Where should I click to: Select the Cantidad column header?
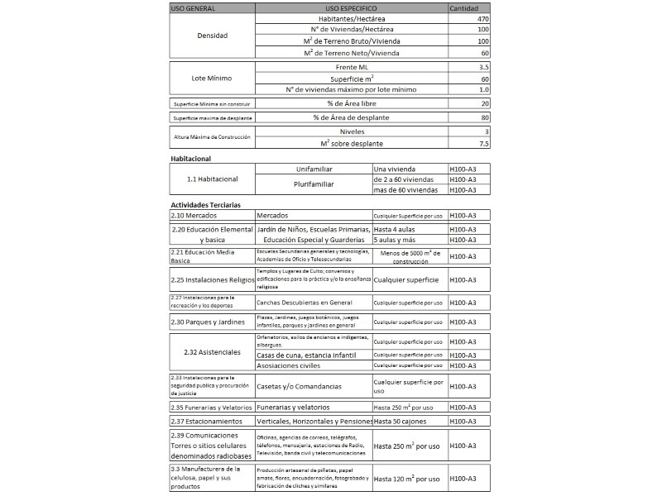pyautogui.click(x=463, y=7)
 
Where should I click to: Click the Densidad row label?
pyautogui.click(x=213, y=36)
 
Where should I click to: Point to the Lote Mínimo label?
pyautogui.click(x=213, y=78)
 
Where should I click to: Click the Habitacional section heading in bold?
pyautogui.click(x=191, y=158)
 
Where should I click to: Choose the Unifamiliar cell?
pyautogui.click(x=314, y=169)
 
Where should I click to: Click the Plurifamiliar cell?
pyautogui.click(x=314, y=184)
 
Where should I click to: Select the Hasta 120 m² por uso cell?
pyautogui.click(x=407, y=479)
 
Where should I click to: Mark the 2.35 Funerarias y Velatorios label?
pyautogui.click(x=209, y=408)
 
